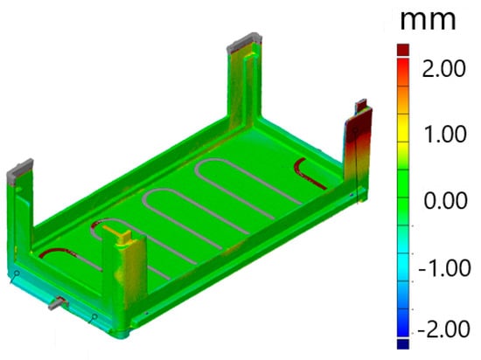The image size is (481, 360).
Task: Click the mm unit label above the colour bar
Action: coord(428,20)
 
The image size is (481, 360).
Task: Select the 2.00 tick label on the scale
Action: coord(444,69)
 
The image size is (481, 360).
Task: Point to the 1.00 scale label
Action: coord(445,135)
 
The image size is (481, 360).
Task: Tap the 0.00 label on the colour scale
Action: coord(446,201)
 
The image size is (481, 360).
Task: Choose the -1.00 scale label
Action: coord(444,267)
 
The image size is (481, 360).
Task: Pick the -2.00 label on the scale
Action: coord(443,329)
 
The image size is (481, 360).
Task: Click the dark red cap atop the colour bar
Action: coord(403,50)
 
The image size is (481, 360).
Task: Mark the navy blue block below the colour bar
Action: coord(403,343)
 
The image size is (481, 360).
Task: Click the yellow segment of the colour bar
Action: coord(403,128)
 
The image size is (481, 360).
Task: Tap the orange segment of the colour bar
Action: coord(403,100)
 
